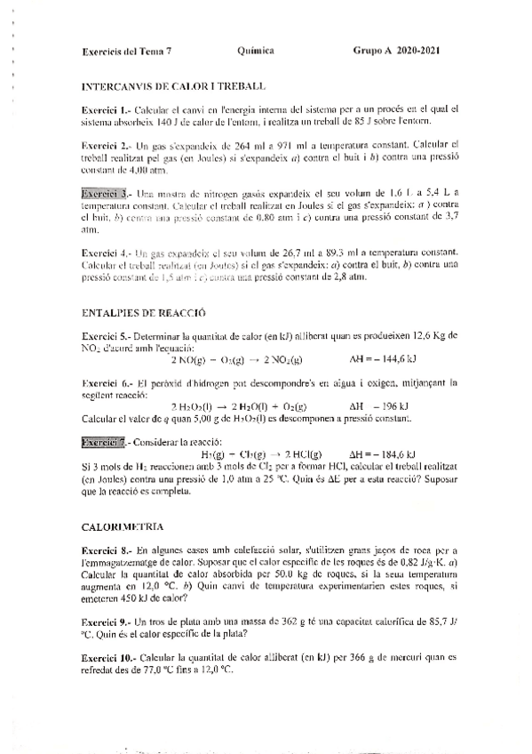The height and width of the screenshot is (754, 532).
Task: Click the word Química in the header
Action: [x=256, y=51]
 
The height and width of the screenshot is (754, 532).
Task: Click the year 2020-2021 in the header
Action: [x=417, y=51]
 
